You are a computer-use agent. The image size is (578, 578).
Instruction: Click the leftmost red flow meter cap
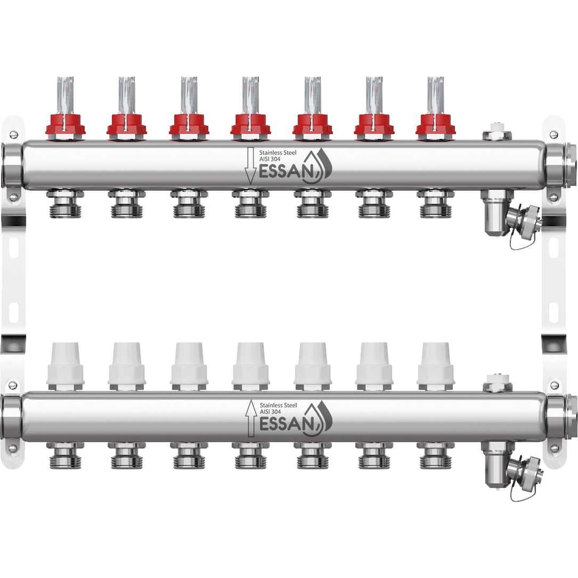65,125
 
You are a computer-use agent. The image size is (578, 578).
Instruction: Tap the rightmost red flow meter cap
435,125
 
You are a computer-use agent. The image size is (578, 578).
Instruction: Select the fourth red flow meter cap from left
250,125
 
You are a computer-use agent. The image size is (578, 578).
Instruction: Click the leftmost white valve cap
65,364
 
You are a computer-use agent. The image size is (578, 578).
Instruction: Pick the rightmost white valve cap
436,364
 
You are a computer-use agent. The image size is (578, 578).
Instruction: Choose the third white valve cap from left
189,364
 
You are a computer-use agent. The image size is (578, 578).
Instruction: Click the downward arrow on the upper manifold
250,165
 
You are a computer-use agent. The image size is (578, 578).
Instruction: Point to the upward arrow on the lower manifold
251,418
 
